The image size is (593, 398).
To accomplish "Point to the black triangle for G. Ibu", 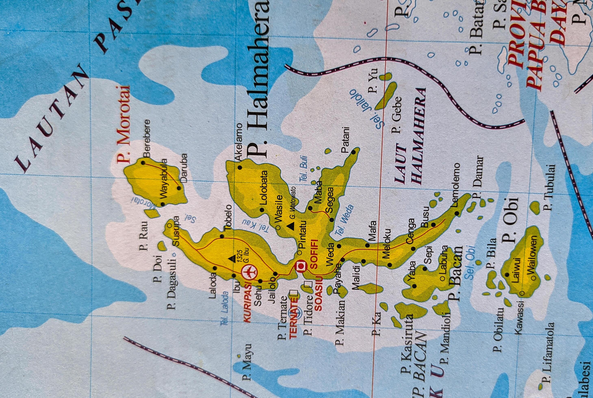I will point(232,259).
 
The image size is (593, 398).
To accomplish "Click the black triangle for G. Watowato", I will point(292,226).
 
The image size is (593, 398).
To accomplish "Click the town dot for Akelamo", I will point(239,168).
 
